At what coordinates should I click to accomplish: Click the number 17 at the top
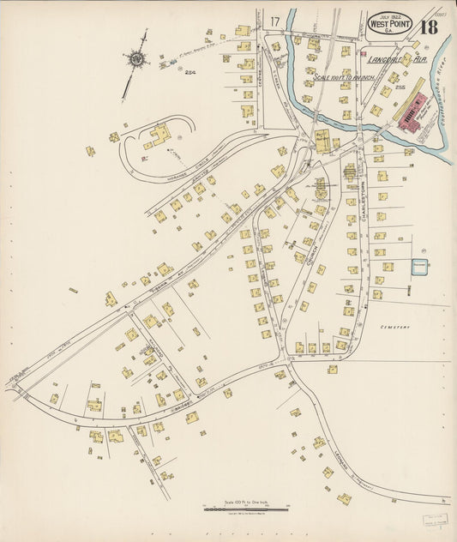[274, 21]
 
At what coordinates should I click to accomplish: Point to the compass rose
[136, 59]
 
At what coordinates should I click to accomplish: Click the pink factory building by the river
[414, 116]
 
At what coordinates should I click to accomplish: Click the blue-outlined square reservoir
[419, 268]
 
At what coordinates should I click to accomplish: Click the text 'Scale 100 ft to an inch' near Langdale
[347, 77]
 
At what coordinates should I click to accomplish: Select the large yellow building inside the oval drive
[160, 135]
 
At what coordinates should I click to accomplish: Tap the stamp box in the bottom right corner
[436, 523]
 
